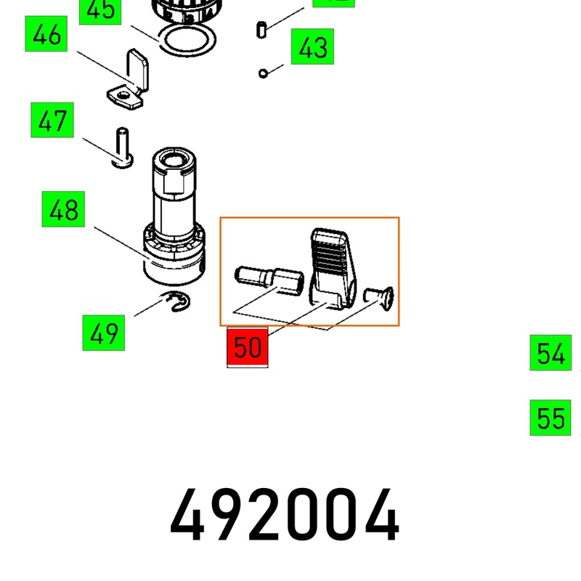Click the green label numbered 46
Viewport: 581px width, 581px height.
pyautogui.click(x=46, y=36)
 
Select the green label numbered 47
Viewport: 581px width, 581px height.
pyautogui.click(x=52, y=121)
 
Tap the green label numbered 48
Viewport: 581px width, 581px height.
pyautogui.click(x=63, y=211)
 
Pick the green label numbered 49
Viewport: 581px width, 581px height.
pyautogui.click(x=103, y=334)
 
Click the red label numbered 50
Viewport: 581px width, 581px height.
pyautogui.click(x=248, y=347)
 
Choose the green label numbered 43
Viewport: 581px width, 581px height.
pyautogui.click(x=312, y=49)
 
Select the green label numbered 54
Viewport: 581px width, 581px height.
pyautogui.click(x=550, y=354)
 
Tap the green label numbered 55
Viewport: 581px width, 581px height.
pyautogui.click(x=550, y=418)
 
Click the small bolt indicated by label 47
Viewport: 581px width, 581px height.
pyautogui.click(x=122, y=147)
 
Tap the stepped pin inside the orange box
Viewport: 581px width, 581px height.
pyautogui.click(x=268, y=279)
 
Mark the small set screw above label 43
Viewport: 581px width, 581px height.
pyautogui.click(x=262, y=30)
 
